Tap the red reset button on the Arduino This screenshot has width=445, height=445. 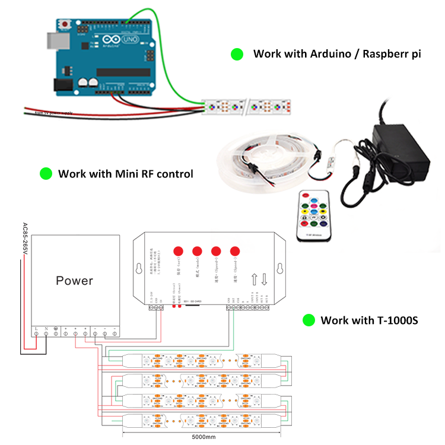[64, 24]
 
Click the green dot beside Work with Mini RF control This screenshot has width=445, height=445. [46, 174]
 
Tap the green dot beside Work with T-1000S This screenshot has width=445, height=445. [309, 320]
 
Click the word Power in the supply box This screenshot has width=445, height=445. [74, 280]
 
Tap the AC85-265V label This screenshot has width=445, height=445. [25, 240]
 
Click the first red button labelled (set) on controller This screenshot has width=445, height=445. [179, 250]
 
